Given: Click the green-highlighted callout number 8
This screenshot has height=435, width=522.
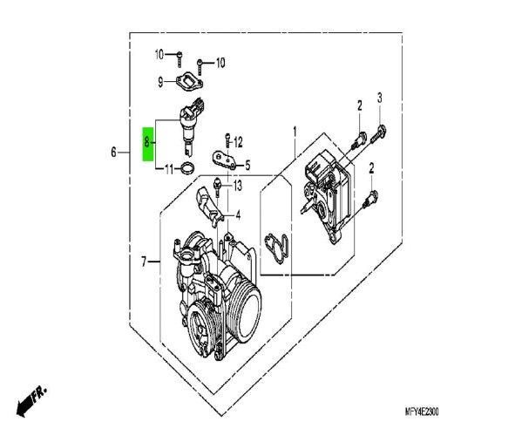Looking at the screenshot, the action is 146,143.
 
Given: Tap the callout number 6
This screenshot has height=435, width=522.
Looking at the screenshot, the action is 114,153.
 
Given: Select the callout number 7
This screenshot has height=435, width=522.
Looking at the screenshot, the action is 144,262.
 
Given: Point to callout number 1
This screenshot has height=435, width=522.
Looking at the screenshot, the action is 295,132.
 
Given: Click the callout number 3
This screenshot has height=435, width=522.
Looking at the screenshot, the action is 379,98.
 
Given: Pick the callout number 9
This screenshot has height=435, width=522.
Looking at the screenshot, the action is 160,82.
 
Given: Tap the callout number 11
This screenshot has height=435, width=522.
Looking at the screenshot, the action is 169,169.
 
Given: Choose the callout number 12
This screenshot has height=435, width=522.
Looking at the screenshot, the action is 238,143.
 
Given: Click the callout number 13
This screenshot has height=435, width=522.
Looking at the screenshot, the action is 238,186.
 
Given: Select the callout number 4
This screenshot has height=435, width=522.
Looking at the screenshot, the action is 238,215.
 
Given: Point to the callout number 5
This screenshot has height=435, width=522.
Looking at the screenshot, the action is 247,166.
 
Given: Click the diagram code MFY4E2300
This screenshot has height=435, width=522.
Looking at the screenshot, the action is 422,412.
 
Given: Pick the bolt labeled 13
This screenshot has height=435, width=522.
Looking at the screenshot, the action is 217,187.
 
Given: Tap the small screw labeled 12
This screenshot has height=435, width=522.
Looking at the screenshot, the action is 227,140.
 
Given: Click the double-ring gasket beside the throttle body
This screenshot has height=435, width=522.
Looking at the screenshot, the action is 276,248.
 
